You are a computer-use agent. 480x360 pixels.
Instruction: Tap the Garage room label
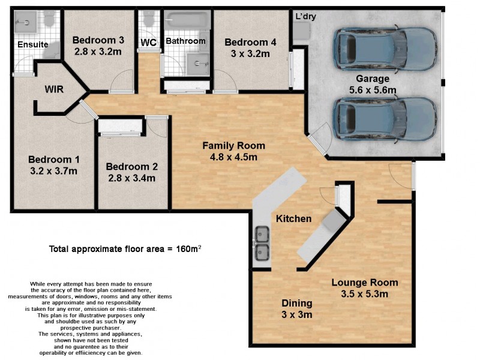(x=372, y=79)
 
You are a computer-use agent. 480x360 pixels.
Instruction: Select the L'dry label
(x=305, y=17)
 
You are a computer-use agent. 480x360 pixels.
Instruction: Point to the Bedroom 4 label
(x=250, y=42)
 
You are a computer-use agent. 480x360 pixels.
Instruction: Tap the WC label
(x=148, y=43)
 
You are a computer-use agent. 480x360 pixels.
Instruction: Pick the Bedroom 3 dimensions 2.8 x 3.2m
(x=98, y=52)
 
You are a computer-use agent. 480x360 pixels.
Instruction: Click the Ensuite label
(x=32, y=44)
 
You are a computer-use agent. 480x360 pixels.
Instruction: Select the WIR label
(x=54, y=89)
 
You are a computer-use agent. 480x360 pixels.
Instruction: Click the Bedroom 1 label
(x=53, y=160)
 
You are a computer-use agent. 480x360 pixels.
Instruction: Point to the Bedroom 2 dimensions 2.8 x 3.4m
(x=131, y=178)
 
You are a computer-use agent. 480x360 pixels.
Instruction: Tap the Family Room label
(x=233, y=146)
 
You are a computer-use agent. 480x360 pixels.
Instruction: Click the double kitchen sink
(x=262, y=244)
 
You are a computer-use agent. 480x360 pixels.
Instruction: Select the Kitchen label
(x=293, y=219)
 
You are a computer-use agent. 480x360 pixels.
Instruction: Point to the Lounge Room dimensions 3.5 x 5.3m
(x=365, y=293)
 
